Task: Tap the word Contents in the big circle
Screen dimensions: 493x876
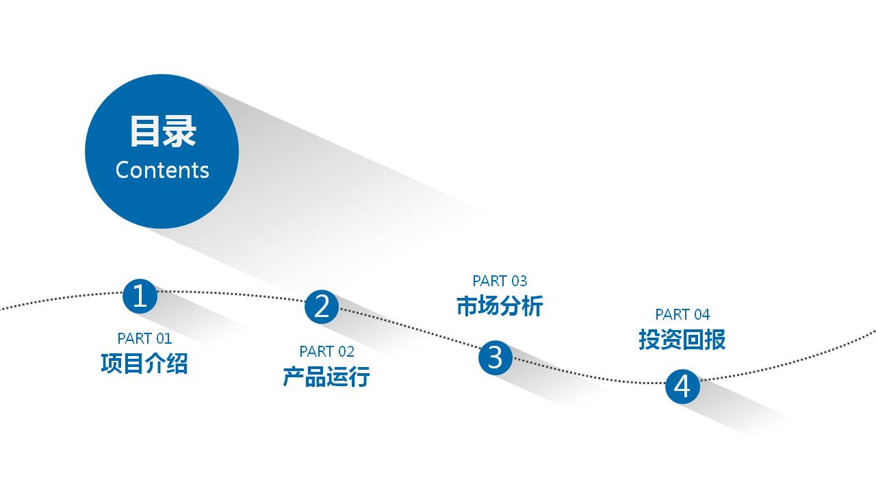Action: click(162, 170)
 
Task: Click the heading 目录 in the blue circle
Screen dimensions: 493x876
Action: click(163, 131)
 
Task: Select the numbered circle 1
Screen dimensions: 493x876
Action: click(140, 296)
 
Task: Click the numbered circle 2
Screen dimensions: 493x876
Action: click(322, 307)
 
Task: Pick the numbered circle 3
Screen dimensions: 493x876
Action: click(495, 357)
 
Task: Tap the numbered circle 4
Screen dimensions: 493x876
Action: click(682, 387)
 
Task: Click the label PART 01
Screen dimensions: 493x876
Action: click(144, 338)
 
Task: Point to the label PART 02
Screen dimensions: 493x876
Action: click(326, 351)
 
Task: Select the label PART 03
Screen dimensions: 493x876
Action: click(500, 281)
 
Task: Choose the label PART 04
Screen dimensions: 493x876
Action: click(682, 314)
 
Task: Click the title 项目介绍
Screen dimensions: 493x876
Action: click(144, 363)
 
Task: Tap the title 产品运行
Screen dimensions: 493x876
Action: click(326, 376)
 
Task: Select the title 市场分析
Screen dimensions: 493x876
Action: click(500, 305)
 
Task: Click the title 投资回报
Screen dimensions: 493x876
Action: click(682, 339)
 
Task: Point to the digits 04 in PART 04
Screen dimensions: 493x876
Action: click(701, 314)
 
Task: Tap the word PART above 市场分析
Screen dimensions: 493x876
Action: click(490, 281)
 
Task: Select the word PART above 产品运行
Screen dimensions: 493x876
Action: click(317, 351)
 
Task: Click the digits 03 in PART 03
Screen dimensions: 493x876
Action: click(519, 281)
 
